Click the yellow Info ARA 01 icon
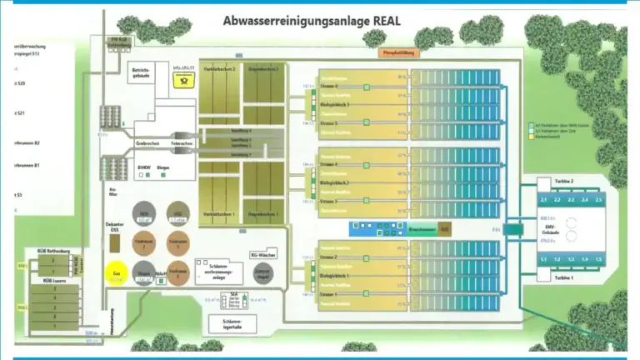pos(182,81)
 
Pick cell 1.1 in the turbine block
pos(542,259)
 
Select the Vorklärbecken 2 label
pos(220,68)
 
